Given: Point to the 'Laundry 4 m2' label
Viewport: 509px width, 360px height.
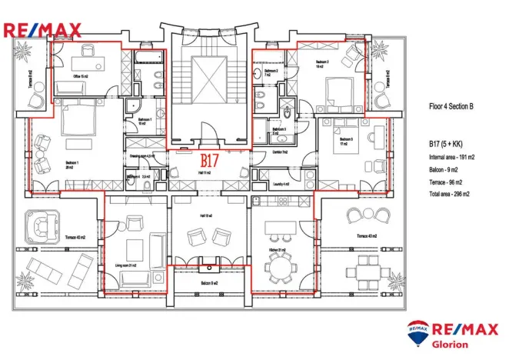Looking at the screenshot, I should [x=281, y=185].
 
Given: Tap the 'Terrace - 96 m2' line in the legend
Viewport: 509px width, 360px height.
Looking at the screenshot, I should [x=449, y=182].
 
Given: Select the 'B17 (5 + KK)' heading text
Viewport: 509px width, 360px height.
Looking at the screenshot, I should [x=447, y=144].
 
